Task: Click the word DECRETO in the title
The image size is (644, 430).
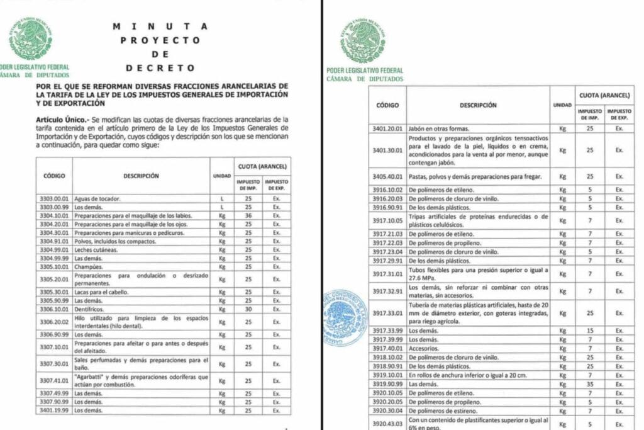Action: click(160, 68)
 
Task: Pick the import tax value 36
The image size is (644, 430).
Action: click(248, 215)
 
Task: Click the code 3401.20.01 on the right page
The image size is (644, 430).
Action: click(387, 129)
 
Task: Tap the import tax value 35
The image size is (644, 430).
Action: click(590, 383)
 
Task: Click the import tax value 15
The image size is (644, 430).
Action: click(590, 331)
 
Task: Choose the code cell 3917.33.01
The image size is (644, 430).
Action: click(387, 313)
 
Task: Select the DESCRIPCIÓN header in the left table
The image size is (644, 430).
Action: click(141, 176)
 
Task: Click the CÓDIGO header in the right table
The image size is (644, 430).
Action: click(387, 105)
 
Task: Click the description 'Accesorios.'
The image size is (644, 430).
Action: click(424, 348)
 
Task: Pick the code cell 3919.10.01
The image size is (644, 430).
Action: click(387, 375)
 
